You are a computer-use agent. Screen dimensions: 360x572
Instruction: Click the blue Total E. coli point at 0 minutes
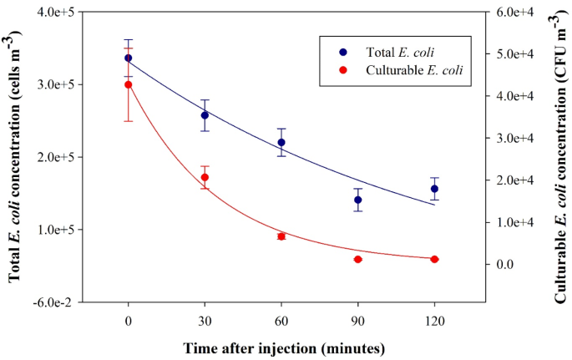pyautogui.click(x=128, y=58)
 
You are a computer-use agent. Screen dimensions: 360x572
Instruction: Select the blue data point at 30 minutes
pyautogui.click(x=205, y=115)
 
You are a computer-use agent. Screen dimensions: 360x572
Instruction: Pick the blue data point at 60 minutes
pyautogui.click(x=281, y=142)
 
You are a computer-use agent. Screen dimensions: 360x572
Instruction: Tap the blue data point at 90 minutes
pyautogui.click(x=358, y=200)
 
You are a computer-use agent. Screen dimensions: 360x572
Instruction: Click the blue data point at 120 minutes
pyautogui.click(x=434, y=189)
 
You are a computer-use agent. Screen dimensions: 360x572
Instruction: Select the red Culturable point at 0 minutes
pyautogui.click(x=128, y=84)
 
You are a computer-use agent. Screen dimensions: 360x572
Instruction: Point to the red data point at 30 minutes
pyautogui.click(x=205, y=177)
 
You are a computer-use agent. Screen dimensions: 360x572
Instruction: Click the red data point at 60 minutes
pyautogui.click(x=281, y=236)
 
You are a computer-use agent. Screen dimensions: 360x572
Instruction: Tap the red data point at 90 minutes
pyautogui.click(x=358, y=259)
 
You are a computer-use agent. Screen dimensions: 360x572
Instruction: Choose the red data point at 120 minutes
pyautogui.click(x=434, y=259)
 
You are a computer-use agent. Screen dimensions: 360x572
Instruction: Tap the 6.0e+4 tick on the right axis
pyautogui.click(x=508, y=13)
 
